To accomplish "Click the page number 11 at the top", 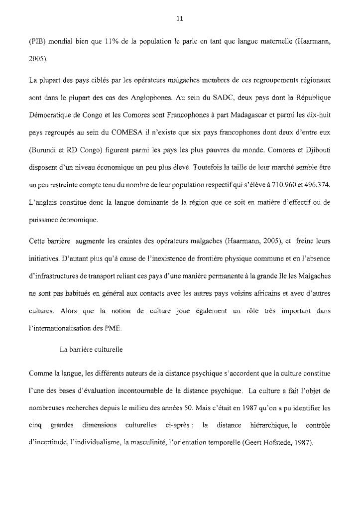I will (180, 19).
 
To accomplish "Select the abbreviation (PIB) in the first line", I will (37, 42).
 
